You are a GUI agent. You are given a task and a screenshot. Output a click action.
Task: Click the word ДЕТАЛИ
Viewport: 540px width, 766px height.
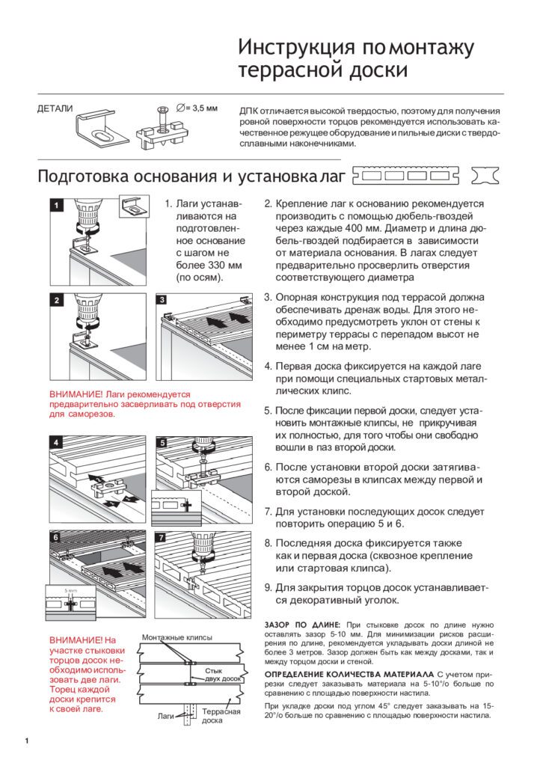click(x=55, y=109)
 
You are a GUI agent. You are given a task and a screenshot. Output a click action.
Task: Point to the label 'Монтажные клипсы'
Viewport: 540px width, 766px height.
click(x=177, y=637)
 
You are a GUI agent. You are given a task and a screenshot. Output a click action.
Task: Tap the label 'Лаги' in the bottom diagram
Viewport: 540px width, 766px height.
click(x=165, y=716)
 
